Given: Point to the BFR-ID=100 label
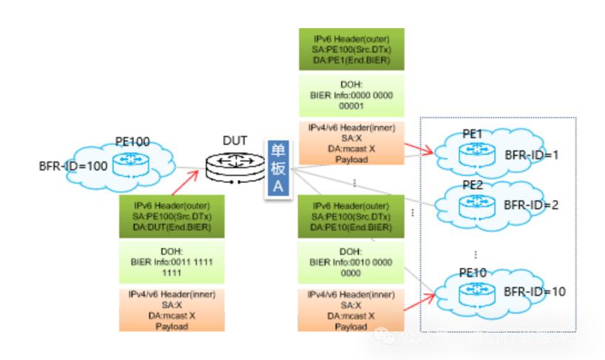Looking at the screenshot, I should point(73,167).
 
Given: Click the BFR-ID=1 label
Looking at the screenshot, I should point(532,156).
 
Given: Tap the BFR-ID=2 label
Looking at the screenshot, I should point(532,204).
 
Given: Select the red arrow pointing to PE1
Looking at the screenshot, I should point(419,150).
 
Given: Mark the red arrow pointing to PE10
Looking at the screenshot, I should point(419,301).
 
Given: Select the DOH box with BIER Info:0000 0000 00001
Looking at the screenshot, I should point(352,96).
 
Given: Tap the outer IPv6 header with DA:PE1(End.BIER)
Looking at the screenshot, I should point(352,49).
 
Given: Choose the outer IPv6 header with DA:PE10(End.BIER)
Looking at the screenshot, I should point(351,216).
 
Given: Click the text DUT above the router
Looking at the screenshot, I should point(235,140).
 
